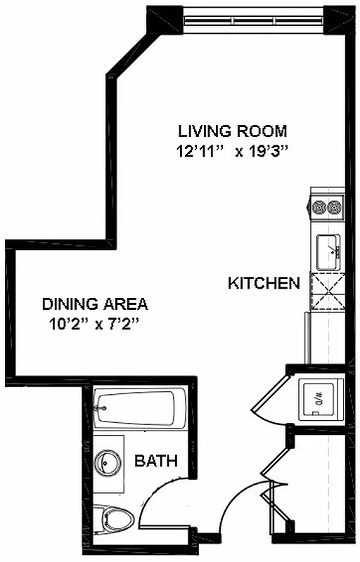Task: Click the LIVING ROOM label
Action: [232, 131]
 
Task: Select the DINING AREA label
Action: [95, 304]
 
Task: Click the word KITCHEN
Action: [264, 284]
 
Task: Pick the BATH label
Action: [156, 462]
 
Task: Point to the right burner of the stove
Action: [334, 207]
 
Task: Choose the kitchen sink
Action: [328, 251]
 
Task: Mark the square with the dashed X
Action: [326, 292]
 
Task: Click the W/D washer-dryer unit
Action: [321, 399]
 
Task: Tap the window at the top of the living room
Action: [254, 18]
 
